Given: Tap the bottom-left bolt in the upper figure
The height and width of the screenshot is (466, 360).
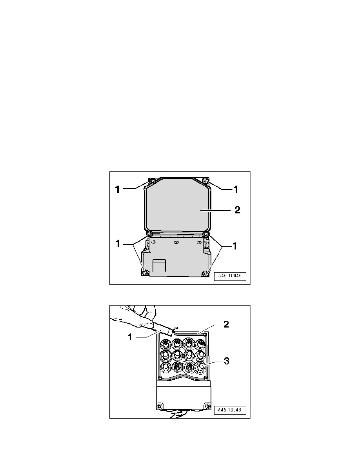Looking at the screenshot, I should coord(145,273).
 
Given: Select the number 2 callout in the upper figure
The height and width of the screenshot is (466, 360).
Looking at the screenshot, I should coord(237,210).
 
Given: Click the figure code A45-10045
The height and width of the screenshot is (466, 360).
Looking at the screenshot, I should coord(232,276).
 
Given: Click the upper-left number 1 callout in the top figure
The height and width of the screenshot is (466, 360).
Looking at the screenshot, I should coord(117,189).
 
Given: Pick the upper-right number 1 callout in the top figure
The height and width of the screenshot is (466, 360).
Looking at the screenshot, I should coord(236,189).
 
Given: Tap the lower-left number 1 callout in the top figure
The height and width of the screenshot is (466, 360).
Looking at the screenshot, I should coord(117,244).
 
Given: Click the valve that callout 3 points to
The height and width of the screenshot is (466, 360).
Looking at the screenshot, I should coord(202,367).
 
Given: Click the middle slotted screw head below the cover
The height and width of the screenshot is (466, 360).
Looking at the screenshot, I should coord(176,243).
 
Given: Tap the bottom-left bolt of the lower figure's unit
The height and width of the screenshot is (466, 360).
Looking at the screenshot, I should coord(159,406).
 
